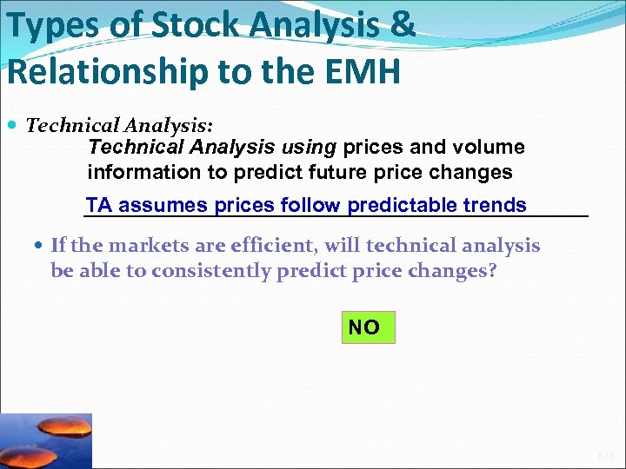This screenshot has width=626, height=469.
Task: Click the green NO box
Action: click(x=367, y=327)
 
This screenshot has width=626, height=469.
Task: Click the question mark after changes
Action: click(x=492, y=271)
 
